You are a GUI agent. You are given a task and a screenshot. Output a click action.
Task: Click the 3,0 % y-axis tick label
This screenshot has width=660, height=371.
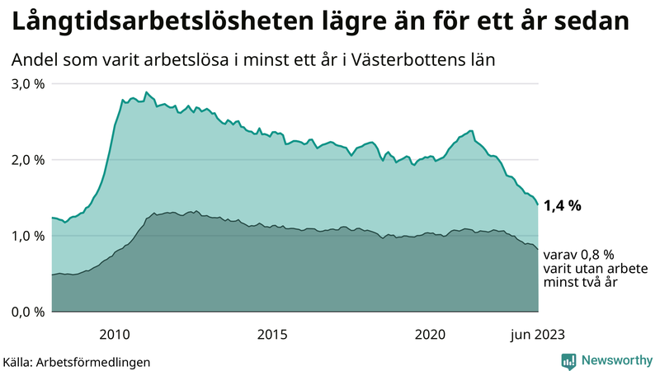click(27, 83)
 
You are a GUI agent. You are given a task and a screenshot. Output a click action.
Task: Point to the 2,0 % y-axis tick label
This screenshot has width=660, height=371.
click(27, 159)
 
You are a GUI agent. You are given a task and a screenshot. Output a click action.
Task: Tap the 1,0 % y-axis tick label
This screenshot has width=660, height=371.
click(27, 235)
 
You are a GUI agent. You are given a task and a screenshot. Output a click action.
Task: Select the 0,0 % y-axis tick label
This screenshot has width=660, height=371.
click(27, 311)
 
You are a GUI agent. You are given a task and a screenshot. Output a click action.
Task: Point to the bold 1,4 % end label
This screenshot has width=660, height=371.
click(563, 206)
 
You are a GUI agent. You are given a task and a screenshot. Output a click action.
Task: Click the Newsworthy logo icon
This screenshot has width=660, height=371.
click(569, 360)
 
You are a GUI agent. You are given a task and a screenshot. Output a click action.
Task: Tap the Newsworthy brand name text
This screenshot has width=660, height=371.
click(616, 360)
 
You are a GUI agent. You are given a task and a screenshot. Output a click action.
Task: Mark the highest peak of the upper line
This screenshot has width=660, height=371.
click(146, 92)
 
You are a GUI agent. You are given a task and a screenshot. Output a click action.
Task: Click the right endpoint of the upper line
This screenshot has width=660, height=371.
click(538, 204)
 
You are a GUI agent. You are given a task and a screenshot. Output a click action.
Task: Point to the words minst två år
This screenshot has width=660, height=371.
click(581, 283)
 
